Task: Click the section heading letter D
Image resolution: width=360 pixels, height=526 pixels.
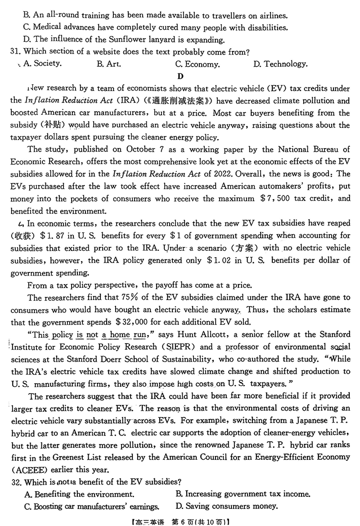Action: [180, 76]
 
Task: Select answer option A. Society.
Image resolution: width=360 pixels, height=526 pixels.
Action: [41, 63]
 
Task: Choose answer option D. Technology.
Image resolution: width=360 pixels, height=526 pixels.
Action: [280, 64]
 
